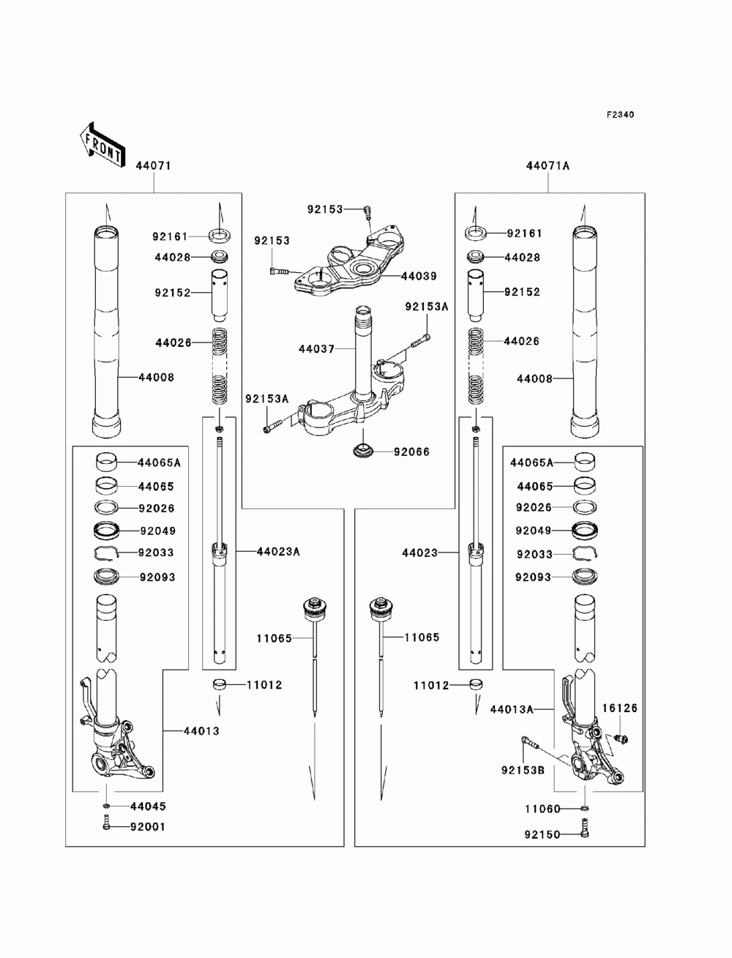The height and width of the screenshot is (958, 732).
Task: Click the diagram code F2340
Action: coord(619,115)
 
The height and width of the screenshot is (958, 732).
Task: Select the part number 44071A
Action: coord(548,166)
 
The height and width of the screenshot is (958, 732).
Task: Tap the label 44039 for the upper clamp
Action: coord(419,276)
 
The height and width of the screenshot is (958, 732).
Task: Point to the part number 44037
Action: coord(316,349)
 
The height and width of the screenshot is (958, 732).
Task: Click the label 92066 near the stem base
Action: coord(411,452)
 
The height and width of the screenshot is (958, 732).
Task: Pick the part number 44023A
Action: coord(278,552)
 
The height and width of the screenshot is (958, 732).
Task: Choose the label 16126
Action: coord(620,708)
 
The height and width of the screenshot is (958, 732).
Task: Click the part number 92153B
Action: coord(523,771)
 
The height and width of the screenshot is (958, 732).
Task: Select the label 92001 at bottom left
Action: coord(148,826)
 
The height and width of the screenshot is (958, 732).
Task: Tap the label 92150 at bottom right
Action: coord(542,834)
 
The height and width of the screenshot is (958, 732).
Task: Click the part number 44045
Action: coord(148,806)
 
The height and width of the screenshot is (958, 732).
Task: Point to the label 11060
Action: coord(542,809)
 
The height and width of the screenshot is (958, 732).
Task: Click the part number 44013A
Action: coord(512,709)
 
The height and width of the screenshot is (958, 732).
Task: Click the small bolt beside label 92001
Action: coord(105,823)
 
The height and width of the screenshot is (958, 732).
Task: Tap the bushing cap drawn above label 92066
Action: coord(363,450)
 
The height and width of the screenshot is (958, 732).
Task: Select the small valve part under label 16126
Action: coord(620,738)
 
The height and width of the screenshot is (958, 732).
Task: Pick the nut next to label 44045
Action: coord(106,806)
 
